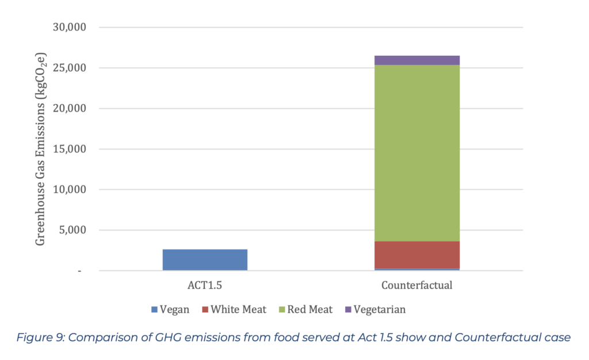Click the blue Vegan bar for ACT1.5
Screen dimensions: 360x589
(205, 259)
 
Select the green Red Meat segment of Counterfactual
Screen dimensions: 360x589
(417, 152)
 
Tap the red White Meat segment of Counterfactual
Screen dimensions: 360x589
(417, 254)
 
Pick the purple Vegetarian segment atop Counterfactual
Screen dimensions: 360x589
(417, 60)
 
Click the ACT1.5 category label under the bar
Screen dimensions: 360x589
(205, 285)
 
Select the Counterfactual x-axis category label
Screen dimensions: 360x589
(417, 285)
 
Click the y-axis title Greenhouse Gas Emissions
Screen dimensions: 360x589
(41, 148)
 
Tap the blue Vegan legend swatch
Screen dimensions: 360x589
(154, 310)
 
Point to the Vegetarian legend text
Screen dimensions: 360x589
(380, 310)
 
